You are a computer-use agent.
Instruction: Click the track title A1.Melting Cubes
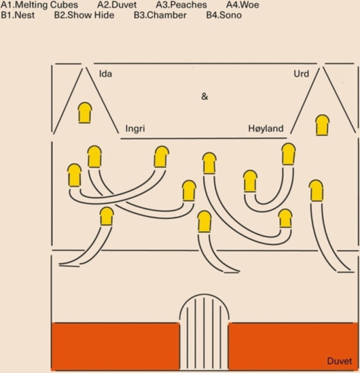click(40, 5)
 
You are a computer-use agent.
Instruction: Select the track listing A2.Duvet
click(117, 5)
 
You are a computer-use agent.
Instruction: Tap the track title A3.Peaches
click(181, 5)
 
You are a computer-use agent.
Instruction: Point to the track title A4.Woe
click(243, 5)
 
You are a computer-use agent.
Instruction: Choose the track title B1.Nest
click(18, 15)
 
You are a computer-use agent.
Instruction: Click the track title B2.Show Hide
click(84, 15)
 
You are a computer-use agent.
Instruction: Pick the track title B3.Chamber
click(160, 15)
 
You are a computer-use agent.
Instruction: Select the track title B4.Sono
click(224, 15)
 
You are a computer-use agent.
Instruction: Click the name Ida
click(106, 74)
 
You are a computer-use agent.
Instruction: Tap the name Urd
click(302, 74)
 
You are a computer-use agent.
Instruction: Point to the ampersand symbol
click(204, 97)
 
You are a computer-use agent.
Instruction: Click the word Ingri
click(136, 129)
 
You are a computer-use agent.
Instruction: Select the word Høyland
click(266, 129)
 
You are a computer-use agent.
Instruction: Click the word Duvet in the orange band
click(339, 361)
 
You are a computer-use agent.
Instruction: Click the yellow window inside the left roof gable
click(85, 113)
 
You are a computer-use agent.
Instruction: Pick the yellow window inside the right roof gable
click(322, 125)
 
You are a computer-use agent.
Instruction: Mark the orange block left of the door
click(115, 347)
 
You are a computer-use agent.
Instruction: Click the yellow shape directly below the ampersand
click(209, 163)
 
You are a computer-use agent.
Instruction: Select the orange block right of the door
click(293, 347)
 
